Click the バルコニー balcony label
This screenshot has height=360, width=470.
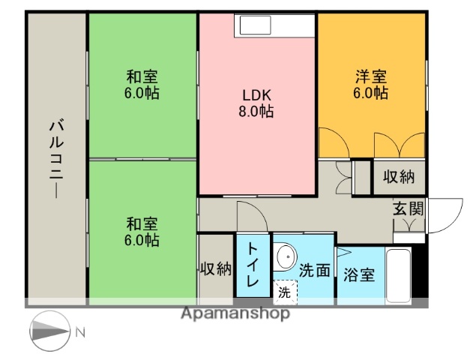click(56, 158)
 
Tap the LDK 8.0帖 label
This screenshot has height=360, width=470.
click(257, 103)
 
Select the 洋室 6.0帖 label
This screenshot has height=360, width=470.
click(371, 85)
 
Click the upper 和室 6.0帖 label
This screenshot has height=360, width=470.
click(142, 85)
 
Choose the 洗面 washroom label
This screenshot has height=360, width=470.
click(314, 271)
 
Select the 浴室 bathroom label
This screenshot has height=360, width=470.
click(359, 275)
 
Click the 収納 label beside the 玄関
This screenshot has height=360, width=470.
click(399, 177)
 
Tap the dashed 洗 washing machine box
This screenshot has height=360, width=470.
click(284, 292)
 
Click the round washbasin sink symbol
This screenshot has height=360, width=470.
click(285, 259)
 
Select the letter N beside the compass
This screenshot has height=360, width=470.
click(82, 330)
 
